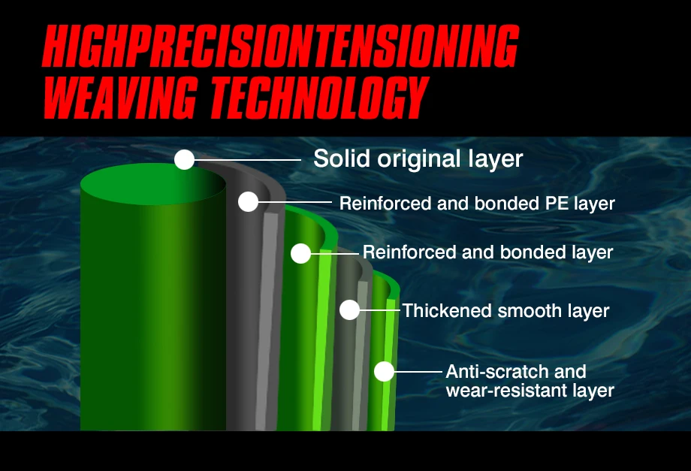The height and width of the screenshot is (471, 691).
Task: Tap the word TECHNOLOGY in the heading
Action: tap(318, 97)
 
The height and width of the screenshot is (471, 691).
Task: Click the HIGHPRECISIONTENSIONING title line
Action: tap(280, 45)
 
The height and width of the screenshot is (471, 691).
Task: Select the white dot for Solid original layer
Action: tap(184, 159)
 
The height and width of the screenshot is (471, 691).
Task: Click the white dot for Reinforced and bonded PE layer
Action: tap(248, 202)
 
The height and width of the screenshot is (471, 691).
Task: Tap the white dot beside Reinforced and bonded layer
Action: tap(301, 253)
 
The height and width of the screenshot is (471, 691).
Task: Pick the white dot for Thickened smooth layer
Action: tap(349, 309)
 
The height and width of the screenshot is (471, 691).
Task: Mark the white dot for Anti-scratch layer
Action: tap(384, 371)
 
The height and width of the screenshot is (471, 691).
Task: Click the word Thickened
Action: tap(447, 311)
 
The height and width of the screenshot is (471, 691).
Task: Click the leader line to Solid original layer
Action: tap(248, 159)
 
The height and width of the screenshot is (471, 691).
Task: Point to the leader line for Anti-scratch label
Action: tap(418, 371)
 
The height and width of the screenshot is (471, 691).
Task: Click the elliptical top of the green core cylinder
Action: tap(153, 183)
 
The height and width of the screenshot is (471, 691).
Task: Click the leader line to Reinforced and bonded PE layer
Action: tap(295, 202)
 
